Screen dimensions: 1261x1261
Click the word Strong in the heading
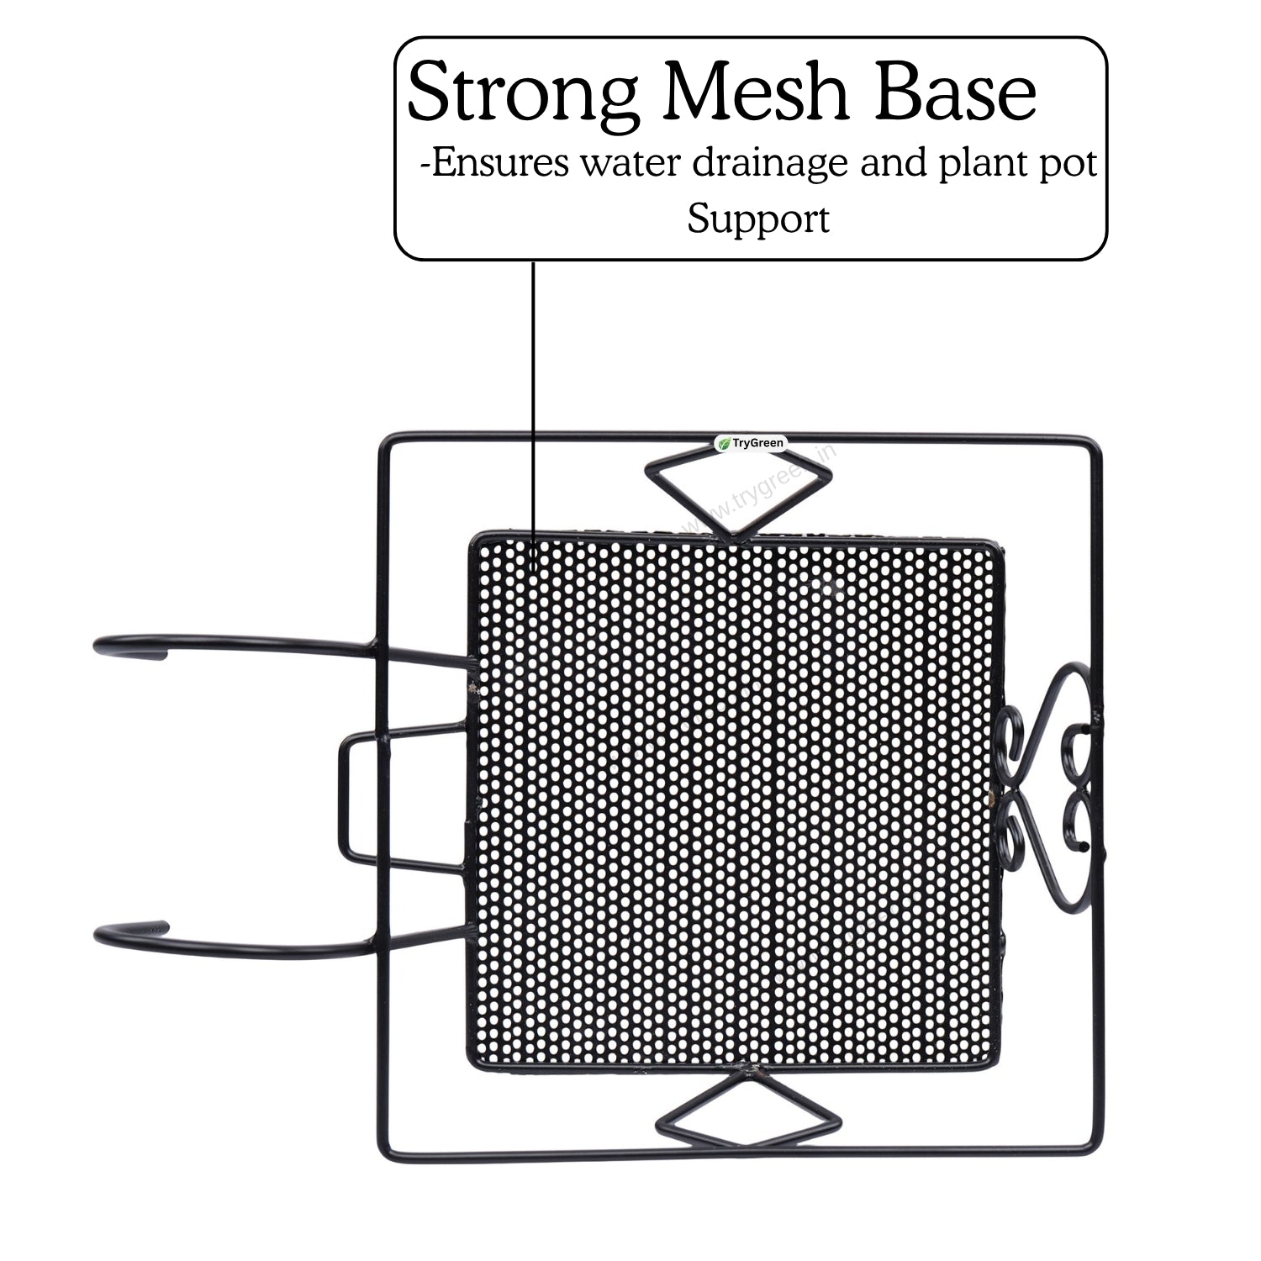pos(522,94)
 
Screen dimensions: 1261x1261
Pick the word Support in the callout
pos(758,220)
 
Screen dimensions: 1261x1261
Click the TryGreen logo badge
pos(749,443)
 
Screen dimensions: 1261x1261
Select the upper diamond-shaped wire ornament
pos(736,492)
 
